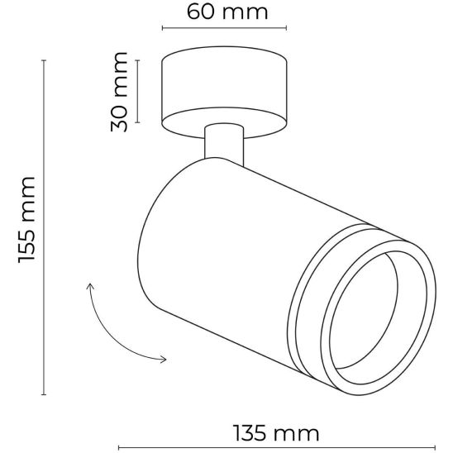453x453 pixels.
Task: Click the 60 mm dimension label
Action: pyautogui.click(x=227, y=12)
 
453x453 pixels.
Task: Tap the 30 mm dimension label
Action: pyautogui.click(x=119, y=92)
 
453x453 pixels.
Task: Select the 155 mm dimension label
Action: pyautogui.click(x=26, y=220)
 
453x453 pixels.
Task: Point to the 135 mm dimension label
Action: pyautogui.click(x=276, y=433)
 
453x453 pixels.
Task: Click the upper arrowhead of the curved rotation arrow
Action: pyautogui.click(x=90, y=286)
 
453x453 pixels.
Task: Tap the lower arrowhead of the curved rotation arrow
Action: pyautogui.click(x=164, y=360)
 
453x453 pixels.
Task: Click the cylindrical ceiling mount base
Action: pyautogui.click(x=224, y=92)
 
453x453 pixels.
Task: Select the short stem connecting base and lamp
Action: pyautogui.click(x=224, y=145)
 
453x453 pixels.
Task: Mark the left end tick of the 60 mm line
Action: pyautogui.click(x=163, y=28)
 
